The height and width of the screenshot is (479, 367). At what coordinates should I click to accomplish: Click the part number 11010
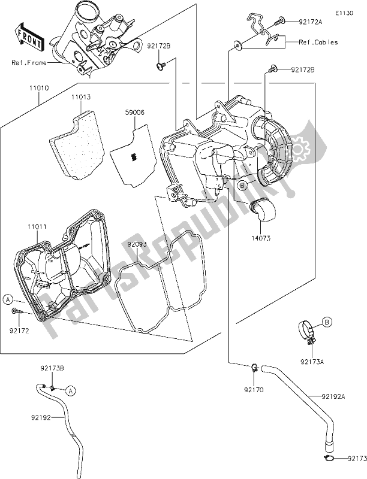point(37,87)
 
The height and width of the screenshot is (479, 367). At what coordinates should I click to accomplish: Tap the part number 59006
point(134,112)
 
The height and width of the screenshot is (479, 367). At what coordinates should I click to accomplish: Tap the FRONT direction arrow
point(29,37)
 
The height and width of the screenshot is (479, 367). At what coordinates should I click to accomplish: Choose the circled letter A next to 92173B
point(70,390)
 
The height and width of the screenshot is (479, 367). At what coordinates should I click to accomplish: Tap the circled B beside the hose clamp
point(328,323)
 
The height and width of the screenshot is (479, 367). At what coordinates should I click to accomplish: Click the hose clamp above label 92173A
point(306,332)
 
